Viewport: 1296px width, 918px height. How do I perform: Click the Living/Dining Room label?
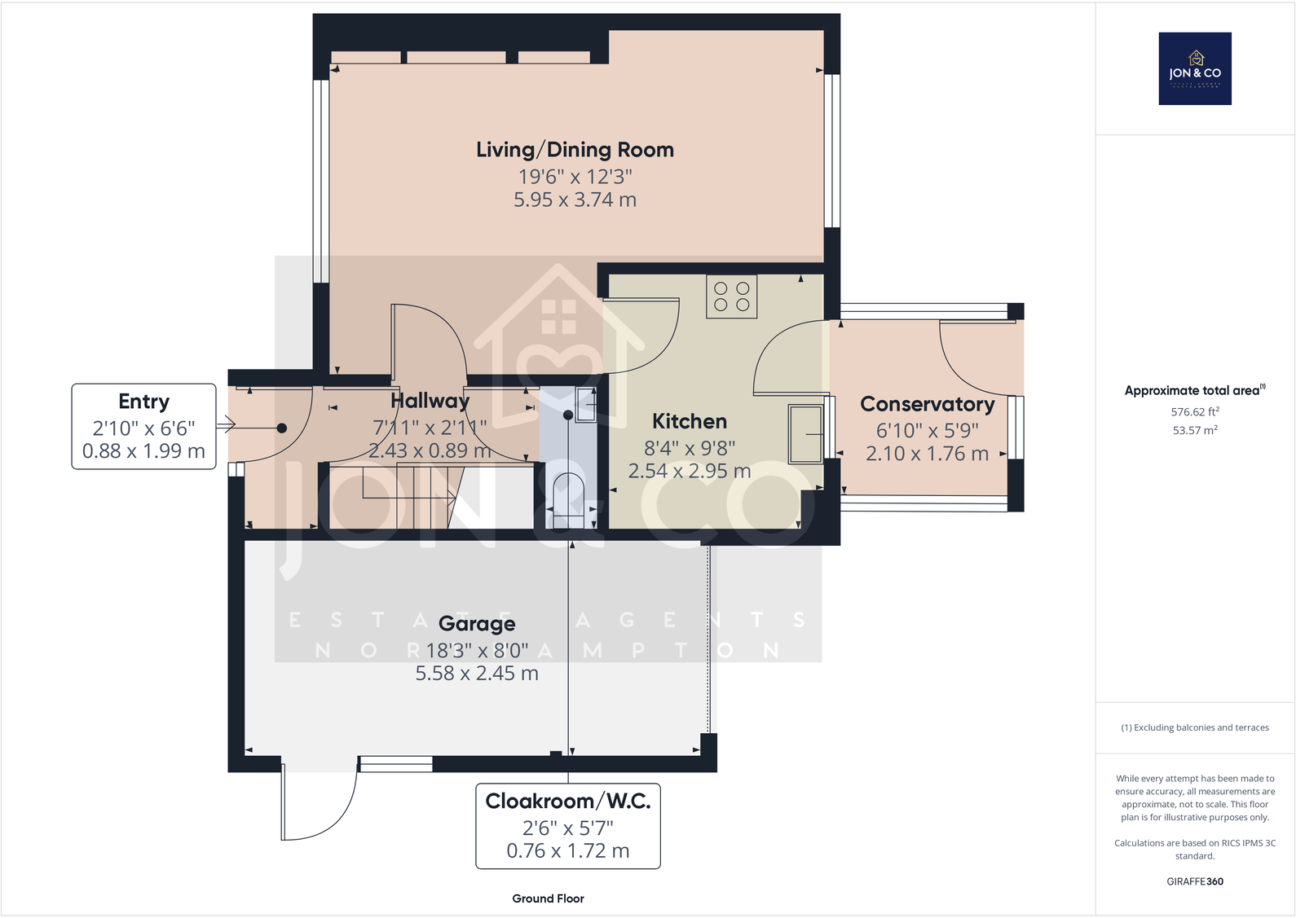[x=575, y=150]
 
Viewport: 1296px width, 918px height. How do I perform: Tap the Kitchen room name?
[x=690, y=421]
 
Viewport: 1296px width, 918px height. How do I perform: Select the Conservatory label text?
[x=927, y=404]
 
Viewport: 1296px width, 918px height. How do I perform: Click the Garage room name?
[x=477, y=624]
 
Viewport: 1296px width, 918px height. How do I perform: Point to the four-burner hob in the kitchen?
[x=731, y=296]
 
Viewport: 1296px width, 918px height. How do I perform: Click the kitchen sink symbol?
[x=806, y=433]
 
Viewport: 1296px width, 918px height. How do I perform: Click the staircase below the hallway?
[x=408, y=498]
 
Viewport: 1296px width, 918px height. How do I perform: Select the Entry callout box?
[x=143, y=427]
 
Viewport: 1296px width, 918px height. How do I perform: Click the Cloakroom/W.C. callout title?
[x=568, y=802]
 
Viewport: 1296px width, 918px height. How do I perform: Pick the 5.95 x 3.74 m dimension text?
[x=575, y=200]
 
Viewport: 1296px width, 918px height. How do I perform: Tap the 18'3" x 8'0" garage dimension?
[x=477, y=651]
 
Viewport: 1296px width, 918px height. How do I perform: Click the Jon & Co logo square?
[x=1195, y=68]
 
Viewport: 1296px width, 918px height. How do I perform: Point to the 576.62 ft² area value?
[x=1195, y=412]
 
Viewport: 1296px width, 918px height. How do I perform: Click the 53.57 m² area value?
[x=1195, y=430]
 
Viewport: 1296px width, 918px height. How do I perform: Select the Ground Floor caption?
[x=548, y=898]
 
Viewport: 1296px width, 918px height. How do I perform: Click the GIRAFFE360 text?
[x=1195, y=881]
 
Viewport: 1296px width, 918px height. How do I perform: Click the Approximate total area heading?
[x=1195, y=390]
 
